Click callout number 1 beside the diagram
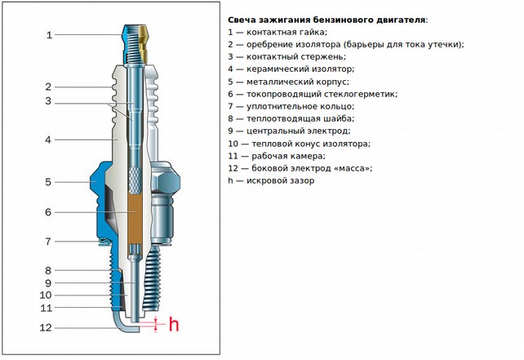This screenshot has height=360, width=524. [49, 35]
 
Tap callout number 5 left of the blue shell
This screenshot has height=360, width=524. [49, 182]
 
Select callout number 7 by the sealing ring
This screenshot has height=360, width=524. [49, 242]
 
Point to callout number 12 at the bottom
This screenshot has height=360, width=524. [46, 327]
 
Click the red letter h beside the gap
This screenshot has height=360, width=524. [173, 325]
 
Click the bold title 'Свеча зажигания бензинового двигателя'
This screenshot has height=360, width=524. [326, 20]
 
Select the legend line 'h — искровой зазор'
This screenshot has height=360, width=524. [272, 180]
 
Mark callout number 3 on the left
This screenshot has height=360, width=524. [49, 102]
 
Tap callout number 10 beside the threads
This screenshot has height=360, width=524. [46, 295]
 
